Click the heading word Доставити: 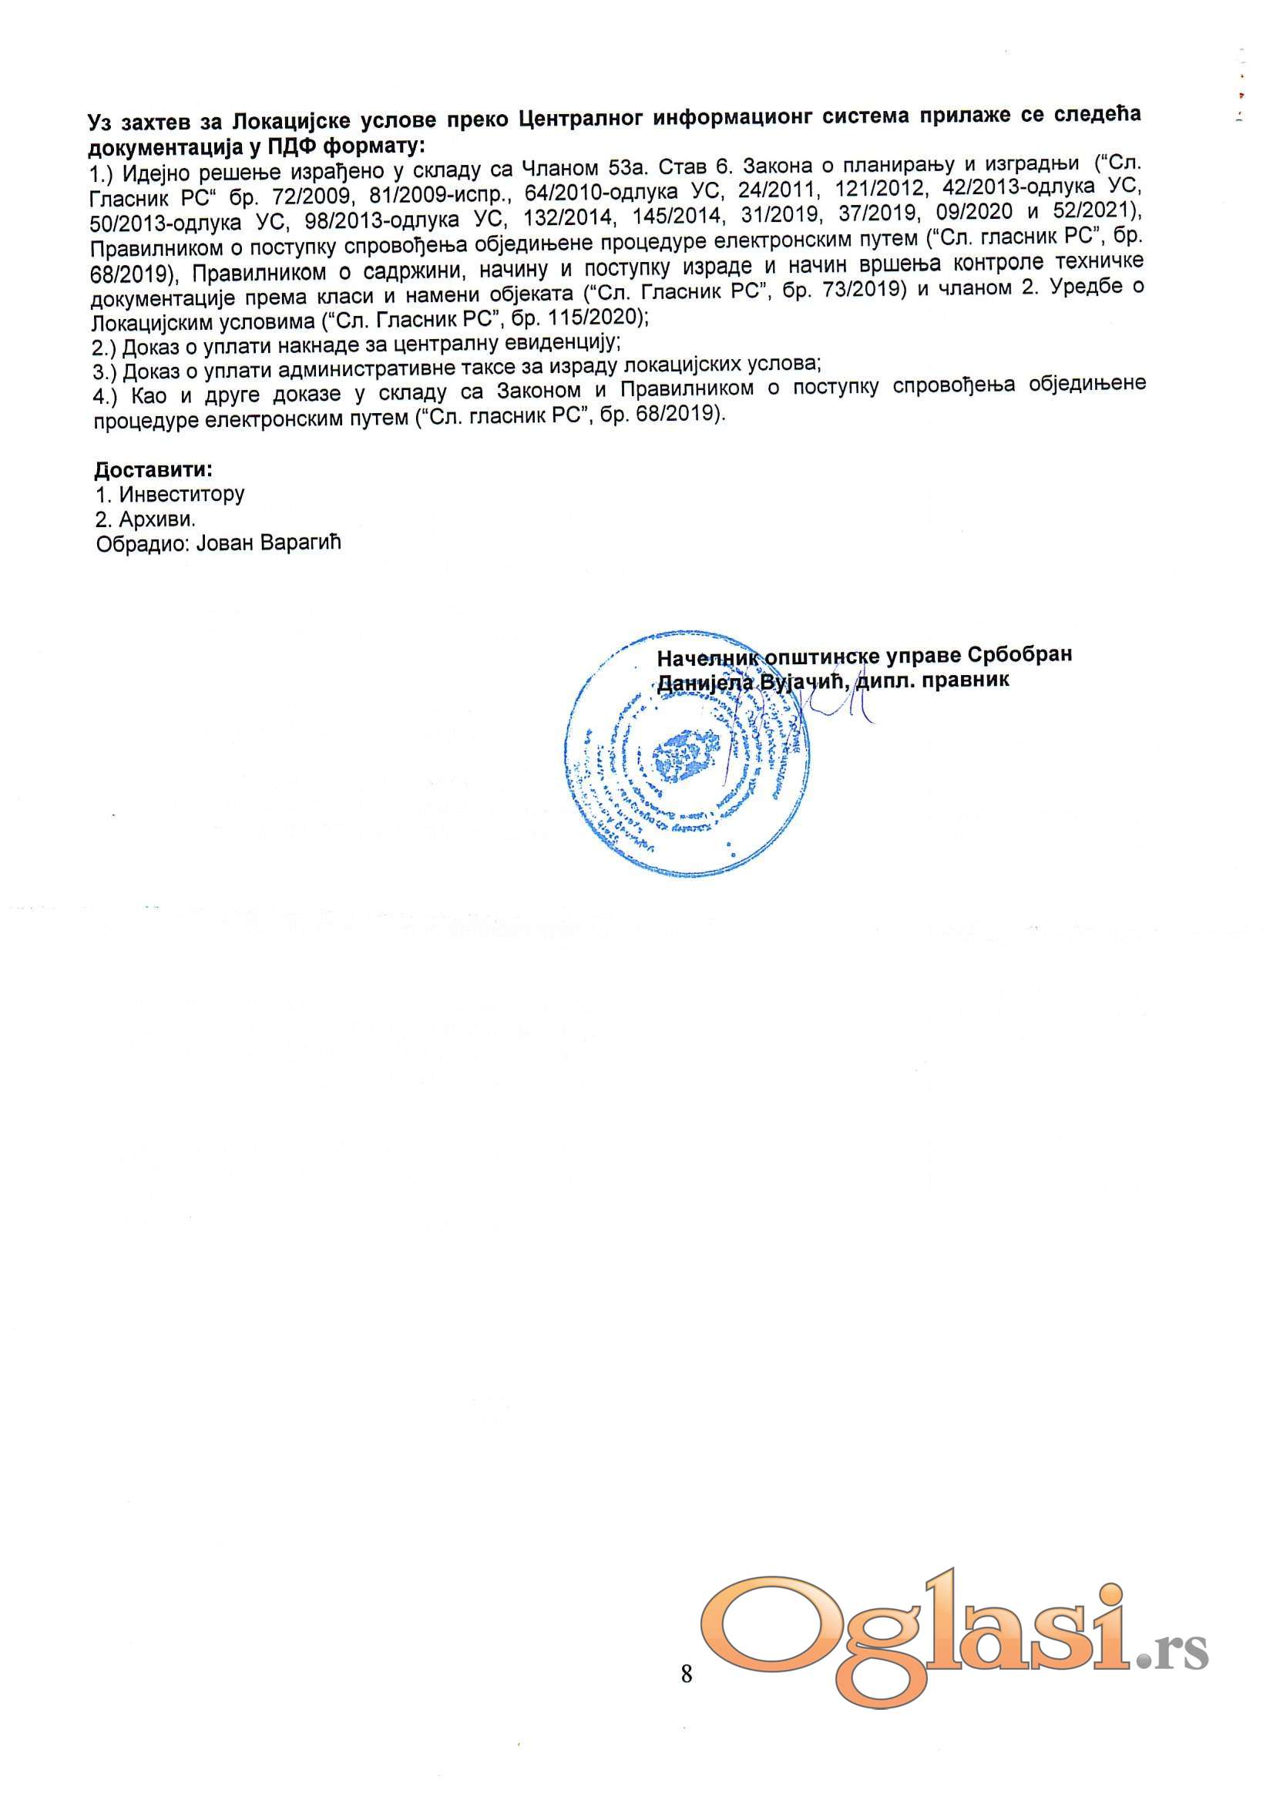pos(153,470)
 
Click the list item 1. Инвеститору pos(170,495)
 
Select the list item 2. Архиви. pos(144,519)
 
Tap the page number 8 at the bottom pos(687,1674)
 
